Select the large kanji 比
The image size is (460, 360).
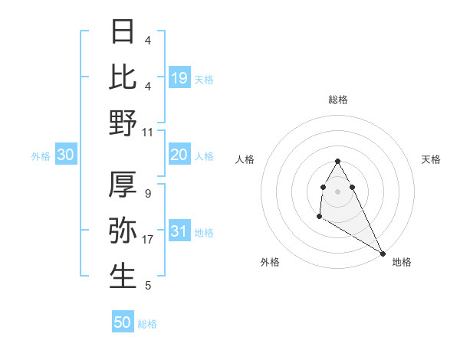click(x=123, y=77)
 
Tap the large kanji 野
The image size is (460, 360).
click(x=123, y=123)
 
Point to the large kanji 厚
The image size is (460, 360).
click(x=123, y=185)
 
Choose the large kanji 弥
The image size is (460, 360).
click(x=123, y=231)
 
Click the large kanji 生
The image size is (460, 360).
click(x=123, y=277)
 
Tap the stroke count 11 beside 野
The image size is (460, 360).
click(x=148, y=133)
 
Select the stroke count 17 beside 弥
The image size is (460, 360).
click(x=148, y=240)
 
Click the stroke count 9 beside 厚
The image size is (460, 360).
click(x=147, y=194)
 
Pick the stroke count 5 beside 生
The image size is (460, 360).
click(x=147, y=286)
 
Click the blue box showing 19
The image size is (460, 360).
click(x=179, y=77)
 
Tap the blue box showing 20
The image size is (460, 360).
click(x=179, y=155)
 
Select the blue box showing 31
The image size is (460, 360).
click(x=179, y=231)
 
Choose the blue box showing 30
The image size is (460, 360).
click(x=65, y=155)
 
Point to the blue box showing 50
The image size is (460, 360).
click(x=123, y=322)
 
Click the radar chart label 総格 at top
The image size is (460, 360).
click(x=338, y=100)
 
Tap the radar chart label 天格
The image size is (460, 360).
click(x=431, y=159)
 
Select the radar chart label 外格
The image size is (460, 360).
click(x=270, y=262)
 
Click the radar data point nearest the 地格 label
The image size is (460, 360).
click(x=383, y=253)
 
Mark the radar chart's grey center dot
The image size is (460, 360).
click(x=338, y=191)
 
